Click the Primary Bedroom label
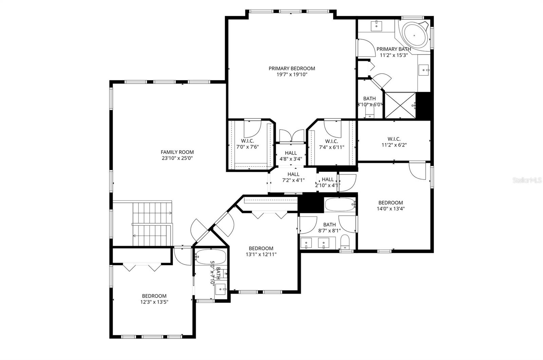pyautogui.click(x=292, y=69)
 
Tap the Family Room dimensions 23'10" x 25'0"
pyautogui.click(x=177, y=158)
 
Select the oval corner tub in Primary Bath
pyautogui.click(x=415, y=35)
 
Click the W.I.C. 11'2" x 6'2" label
pyautogui.click(x=394, y=142)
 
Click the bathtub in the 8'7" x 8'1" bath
pyautogui.click(x=340, y=205)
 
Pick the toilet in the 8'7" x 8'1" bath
pyautogui.click(x=345, y=242)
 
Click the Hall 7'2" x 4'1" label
pyautogui.click(x=293, y=177)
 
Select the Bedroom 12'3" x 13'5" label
pyautogui.click(x=154, y=299)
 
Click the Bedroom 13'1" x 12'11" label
pyautogui.click(x=261, y=251)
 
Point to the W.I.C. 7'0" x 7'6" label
pyautogui.click(x=247, y=144)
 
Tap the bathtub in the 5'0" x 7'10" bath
pyautogui.click(x=211, y=257)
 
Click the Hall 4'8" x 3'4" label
pyautogui.click(x=291, y=156)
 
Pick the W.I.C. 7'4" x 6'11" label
pyautogui.click(x=331, y=144)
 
